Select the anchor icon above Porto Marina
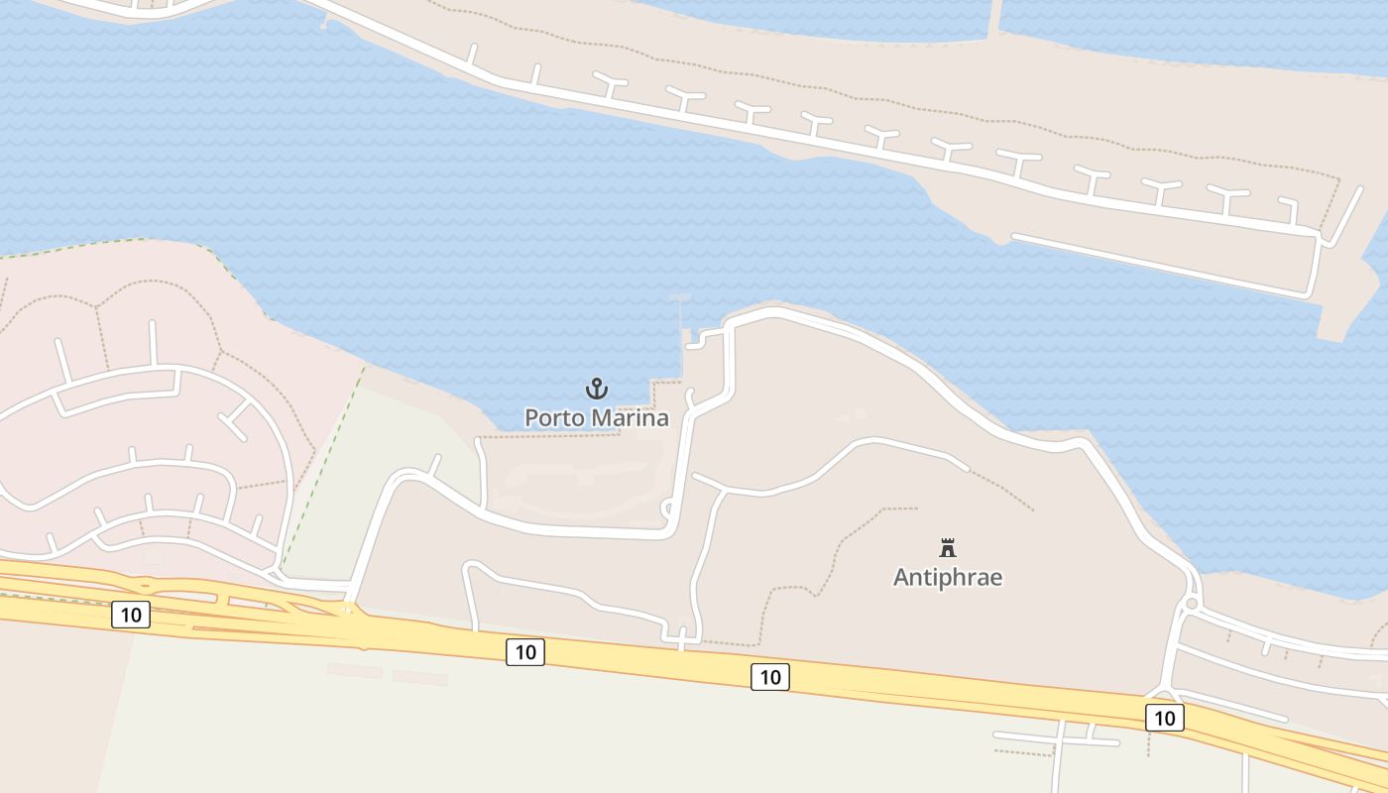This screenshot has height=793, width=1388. [x=596, y=389]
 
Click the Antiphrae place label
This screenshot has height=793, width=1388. [x=948, y=577]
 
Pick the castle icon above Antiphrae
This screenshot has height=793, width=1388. [x=948, y=547]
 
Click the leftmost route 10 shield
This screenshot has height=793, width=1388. [x=131, y=615]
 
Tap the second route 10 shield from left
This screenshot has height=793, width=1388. [x=525, y=651]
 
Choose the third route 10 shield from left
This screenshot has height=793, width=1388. [x=770, y=677]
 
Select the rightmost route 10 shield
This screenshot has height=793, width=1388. [x=1164, y=718]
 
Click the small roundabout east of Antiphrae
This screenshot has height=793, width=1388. [x=1192, y=603]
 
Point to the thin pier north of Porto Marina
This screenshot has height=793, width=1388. [x=681, y=317]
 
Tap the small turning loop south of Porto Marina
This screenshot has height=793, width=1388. [x=666, y=510]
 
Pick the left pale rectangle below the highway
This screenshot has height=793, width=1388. [x=354, y=671]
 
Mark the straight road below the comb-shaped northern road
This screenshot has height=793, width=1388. [x=1160, y=265]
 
